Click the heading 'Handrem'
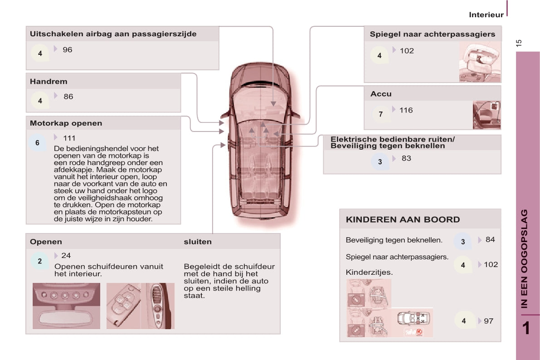pyautogui.click(x=49, y=82)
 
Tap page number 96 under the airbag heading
pyautogui.click(x=68, y=50)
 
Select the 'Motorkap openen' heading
pyautogui.click(x=66, y=123)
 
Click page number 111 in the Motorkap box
pyautogui.click(x=69, y=138)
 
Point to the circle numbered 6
pyautogui.click(x=38, y=143)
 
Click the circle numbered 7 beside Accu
pyautogui.click(x=380, y=114)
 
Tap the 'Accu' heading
pyautogui.click(x=381, y=94)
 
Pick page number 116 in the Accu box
pyautogui.click(x=406, y=110)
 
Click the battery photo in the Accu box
pyautogui.click(x=486, y=115)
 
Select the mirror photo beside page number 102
pyautogui.click(x=480, y=62)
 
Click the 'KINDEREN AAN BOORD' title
pyautogui.click(x=403, y=220)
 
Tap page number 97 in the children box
pyautogui.click(x=489, y=321)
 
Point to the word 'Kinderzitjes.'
pyautogui.click(x=369, y=272)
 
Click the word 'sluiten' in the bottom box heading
pyautogui.click(x=198, y=242)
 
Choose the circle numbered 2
pyautogui.click(x=39, y=261)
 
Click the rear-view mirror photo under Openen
pyautogui.click(x=67, y=306)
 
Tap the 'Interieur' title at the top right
pyautogui.click(x=486, y=15)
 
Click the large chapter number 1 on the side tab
pyautogui.click(x=526, y=328)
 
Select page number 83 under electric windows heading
pyautogui.click(x=406, y=159)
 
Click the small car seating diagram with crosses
pyautogui.click(x=413, y=319)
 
